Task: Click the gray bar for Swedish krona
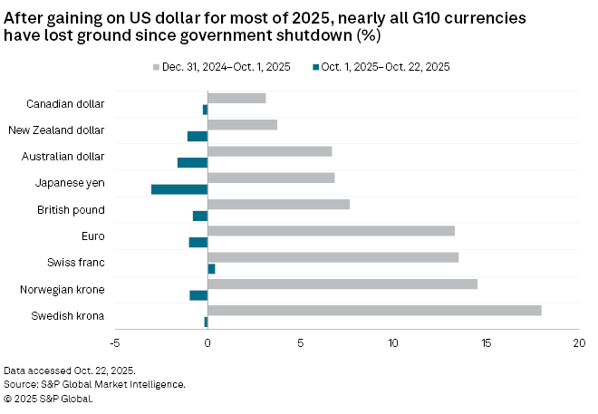coord(374,311)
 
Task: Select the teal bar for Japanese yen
coord(179,189)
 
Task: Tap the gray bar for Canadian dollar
coord(236,98)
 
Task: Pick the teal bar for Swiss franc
coord(211,269)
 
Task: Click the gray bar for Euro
coord(331,231)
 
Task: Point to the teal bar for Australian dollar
coord(192,163)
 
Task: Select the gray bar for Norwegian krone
coord(342,284)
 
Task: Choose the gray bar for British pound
coord(278,205)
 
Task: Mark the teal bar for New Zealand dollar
coord(198,136)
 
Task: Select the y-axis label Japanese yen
coord(71,183)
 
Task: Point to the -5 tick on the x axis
coord(114,343)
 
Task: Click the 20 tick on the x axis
coord(579,343)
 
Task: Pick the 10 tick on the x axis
coord(393,343)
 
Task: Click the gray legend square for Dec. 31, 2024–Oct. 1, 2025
coord(157,67)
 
